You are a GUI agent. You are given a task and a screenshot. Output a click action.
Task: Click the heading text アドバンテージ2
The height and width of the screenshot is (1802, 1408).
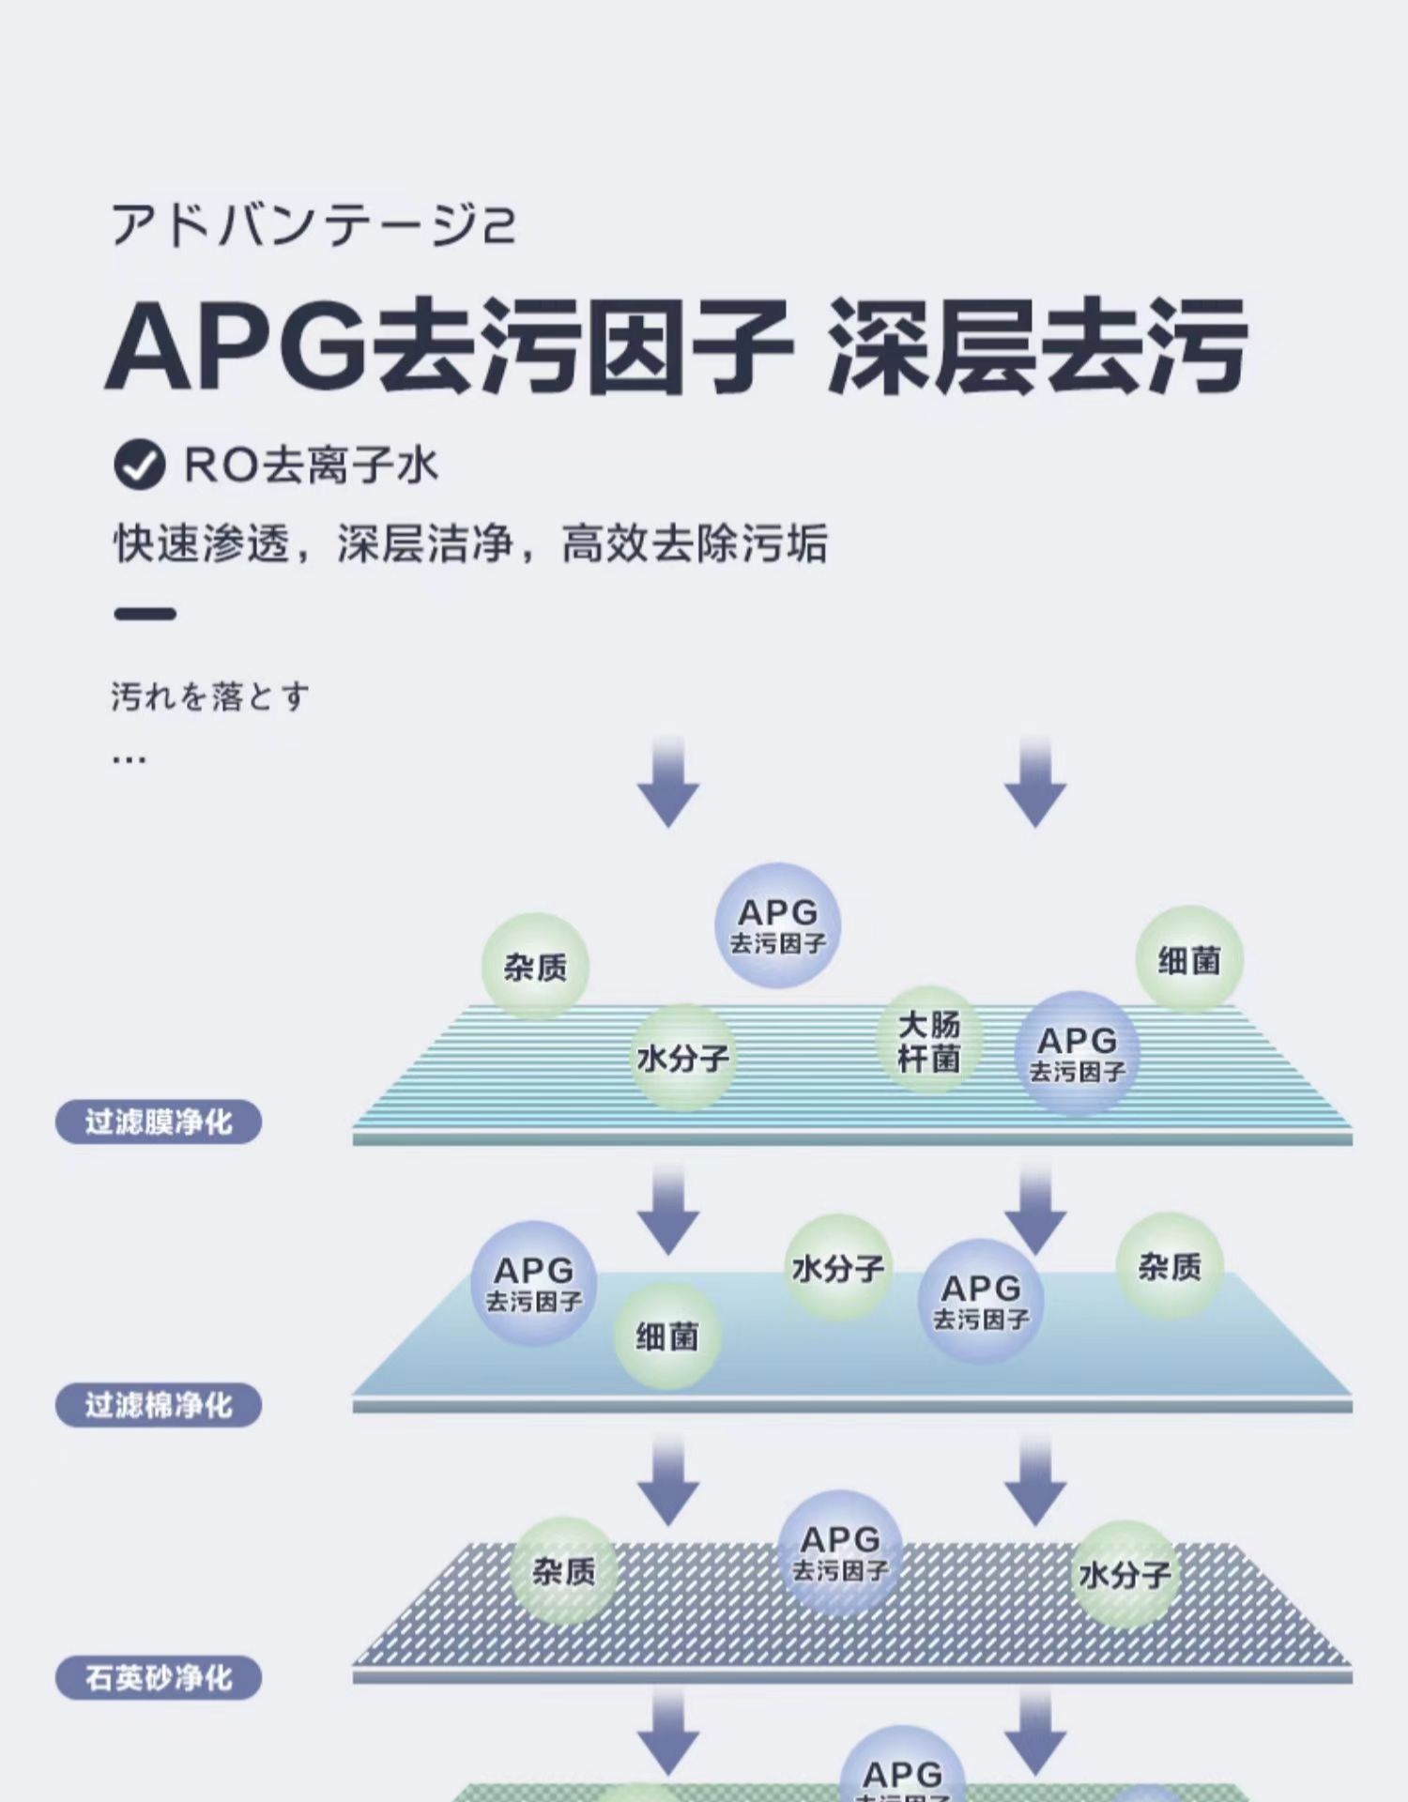pyautogui.click(x=313, y=225)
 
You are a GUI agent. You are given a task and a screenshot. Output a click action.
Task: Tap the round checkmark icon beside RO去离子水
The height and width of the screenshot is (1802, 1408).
pyautogui.click(x=139, y=465)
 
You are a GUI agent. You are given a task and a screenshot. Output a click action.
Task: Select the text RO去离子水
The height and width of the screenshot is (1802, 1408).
pyautogui.click(x=311, y=466)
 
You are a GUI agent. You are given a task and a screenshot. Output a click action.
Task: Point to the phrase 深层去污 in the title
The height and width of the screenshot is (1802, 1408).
pyautogui.click(x=1036, y=346)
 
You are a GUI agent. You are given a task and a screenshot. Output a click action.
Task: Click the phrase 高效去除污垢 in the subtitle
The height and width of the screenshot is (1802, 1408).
pyautogui.click(x=695, y=543)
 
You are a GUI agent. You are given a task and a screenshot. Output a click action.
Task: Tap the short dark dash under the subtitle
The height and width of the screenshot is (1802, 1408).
pyautogui.click(x=145, y=615)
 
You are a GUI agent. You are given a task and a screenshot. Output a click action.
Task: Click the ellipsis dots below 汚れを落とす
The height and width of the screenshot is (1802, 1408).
pyautogui.click(x=129, y=758)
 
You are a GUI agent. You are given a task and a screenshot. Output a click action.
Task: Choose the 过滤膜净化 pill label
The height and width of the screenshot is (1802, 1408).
pyautogui.click(x=159, y=1122)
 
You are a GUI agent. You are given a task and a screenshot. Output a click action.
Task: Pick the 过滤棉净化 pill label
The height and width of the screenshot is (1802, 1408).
pyautogui.click(x=159, y=1405)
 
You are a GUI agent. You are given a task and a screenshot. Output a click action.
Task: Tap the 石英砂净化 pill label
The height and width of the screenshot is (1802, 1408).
pyautogui.click(x=159, y=1677)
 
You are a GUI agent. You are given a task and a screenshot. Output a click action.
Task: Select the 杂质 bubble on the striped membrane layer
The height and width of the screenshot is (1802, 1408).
pyautogui.click(x=535, y=967)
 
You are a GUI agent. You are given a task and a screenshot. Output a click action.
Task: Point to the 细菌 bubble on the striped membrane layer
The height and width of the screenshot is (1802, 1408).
pyautogui.click(x=1189, y=960)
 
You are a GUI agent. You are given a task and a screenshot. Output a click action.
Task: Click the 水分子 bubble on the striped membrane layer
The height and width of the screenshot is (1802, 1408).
pyautogui.click(x=682, y=1059)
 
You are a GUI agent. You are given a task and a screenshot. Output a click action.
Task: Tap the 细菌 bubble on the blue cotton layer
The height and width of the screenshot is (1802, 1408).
pyautogui.click(x=667, y=1336)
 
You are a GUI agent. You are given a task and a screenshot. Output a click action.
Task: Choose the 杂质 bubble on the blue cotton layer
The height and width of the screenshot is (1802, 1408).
pyautogui.click(x=1170, y=1267)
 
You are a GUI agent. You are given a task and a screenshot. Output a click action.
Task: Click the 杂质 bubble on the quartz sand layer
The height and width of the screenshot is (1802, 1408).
pyautogui.click(x=564, y=1571)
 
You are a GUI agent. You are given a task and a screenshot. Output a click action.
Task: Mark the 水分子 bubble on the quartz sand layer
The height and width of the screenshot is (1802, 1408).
pyautogui.click(x=1125, y=1575)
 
